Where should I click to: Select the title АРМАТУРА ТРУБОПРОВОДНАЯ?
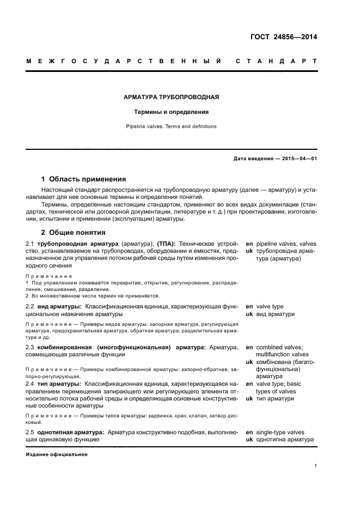point(172,98)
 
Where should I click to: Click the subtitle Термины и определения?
point(172,112)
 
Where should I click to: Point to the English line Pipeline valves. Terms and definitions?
point(172,126)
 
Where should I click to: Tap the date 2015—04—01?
point(299,159)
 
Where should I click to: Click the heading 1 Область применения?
point(84,179)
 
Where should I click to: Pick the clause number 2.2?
point(30,307)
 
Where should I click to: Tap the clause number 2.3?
point(30,347)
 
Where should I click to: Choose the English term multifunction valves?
point(285,354)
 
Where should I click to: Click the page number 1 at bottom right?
point(316,466)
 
